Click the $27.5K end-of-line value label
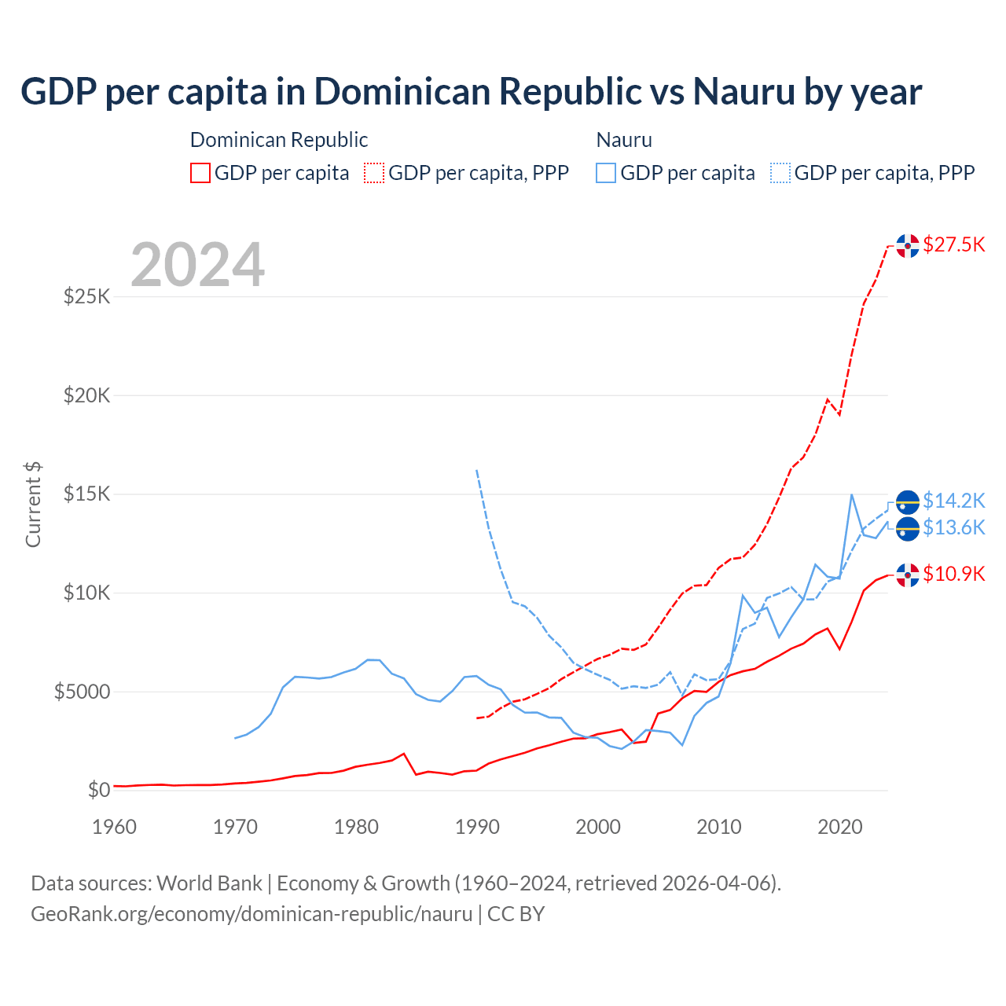coord(953,244)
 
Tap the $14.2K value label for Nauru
coord(953,501)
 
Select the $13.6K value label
coord(953,527)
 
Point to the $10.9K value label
coord(953,574)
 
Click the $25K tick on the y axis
coord(86,297)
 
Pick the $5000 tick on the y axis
coord(82,692)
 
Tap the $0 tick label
coord(98,790)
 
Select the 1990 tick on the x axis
coord(477,827)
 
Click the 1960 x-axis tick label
coord(115,827)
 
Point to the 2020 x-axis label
coord(840,827)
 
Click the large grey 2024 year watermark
coord(197,266)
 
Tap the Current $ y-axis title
coord(33,505)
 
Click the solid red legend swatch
coord(200,173)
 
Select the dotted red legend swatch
coord(374,173)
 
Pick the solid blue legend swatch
coord(606,173)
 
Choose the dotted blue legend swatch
coord(780,173)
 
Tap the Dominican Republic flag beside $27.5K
coord(908,246)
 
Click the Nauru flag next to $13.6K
coord(908,529)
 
